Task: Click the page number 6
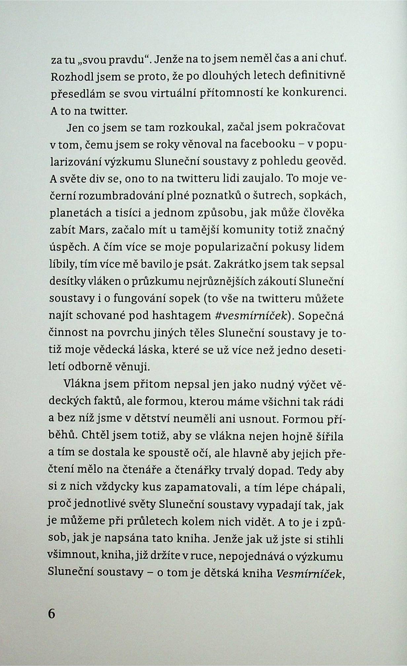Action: tap(52, 613)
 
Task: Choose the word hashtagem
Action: tap(181, 316)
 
